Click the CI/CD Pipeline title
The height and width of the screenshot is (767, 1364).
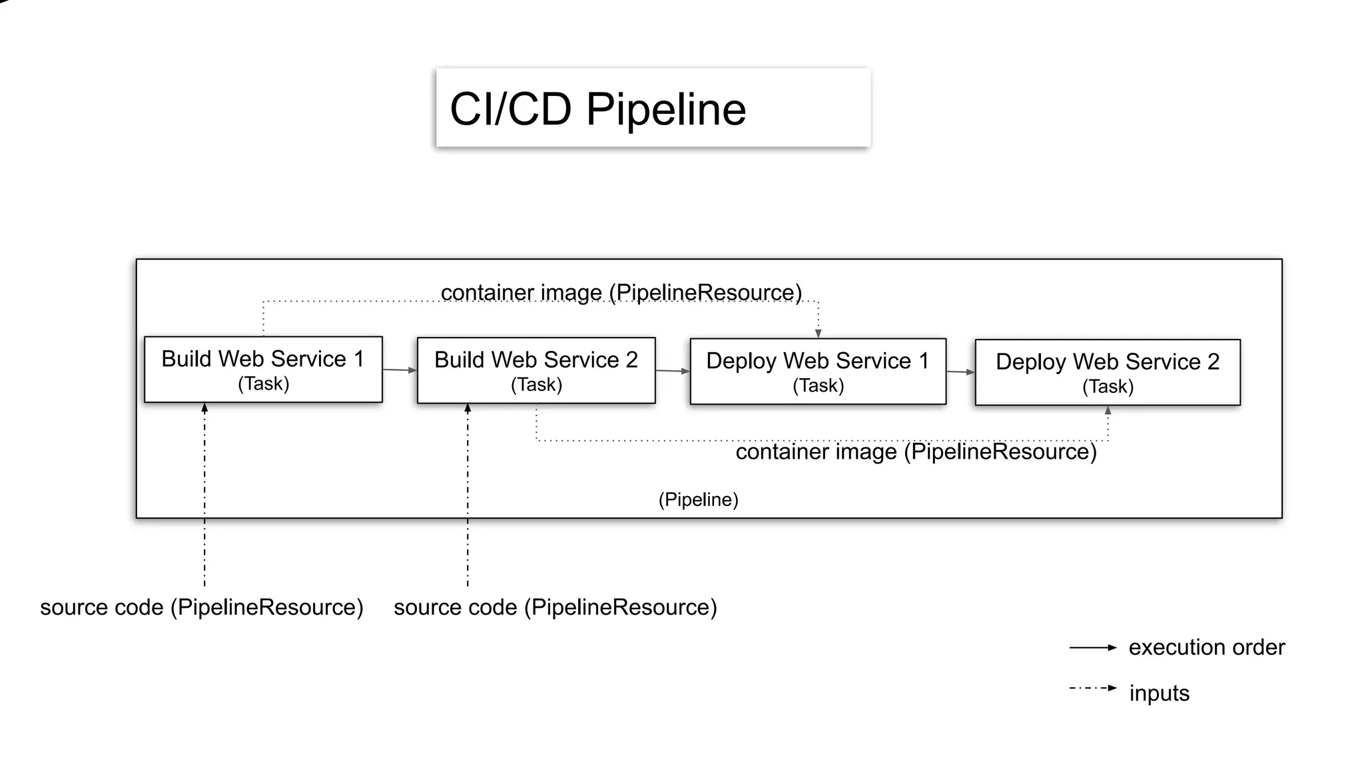tap(597, 109)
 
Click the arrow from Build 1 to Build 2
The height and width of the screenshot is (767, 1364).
tap(400, 370)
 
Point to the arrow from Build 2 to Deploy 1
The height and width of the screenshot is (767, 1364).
tap(673, 371)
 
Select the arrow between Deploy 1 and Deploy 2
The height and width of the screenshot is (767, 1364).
tap(960, 372)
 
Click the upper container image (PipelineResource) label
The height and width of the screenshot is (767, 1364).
tap(621, 292)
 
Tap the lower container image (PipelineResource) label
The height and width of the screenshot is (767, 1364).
tap(916, 452)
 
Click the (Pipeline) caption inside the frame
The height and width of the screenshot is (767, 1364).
tap(698, 499)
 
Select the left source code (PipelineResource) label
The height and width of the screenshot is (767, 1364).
tap(201, 607)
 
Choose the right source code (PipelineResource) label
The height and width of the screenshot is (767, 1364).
tap(555, 607)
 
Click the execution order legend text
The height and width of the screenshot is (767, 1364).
tap(1206, 647)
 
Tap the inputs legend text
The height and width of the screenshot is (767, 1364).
tap(1159, 693)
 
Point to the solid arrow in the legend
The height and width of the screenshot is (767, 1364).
tap(1092, 647)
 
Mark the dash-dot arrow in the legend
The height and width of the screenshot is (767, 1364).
tap(1092, 688)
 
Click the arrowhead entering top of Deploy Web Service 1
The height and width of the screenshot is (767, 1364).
tap(819, 334)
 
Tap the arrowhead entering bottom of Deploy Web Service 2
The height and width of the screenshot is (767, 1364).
tap(1108, 411)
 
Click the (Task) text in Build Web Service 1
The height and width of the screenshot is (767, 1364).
tap(263, 383)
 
